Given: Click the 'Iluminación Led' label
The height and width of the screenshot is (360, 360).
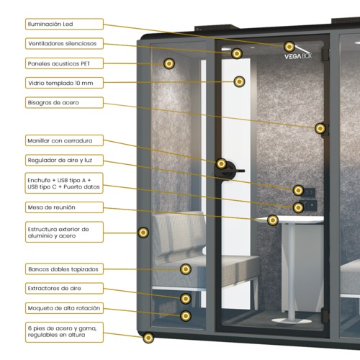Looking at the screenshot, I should click(x=51, y=24).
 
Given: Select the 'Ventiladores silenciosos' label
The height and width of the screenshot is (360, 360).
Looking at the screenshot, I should click(x=66, y=43).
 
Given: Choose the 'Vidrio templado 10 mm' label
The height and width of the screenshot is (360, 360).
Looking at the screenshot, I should click(x=61, y=84).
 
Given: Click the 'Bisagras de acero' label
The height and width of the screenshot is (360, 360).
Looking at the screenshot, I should click(x=53, y=103).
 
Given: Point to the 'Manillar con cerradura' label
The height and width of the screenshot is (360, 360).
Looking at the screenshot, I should click(x=64, y=140).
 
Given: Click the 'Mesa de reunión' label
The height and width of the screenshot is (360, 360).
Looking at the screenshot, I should click(x=51, y=207).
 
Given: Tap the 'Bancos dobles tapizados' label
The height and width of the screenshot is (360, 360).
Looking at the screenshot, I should click(x=63, y=269).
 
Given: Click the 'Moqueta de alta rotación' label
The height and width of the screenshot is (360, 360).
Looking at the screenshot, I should click(x=64, y=308).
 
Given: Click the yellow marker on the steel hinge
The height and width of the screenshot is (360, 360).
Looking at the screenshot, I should click(x=320, y=128).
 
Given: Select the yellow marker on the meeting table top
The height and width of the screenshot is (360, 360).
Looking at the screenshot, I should click(x=272, y=220).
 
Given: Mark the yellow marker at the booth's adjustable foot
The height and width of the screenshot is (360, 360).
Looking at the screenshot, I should click(x=148, y=338).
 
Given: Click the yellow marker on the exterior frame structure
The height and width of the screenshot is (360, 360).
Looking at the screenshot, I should click(x=143, y=232).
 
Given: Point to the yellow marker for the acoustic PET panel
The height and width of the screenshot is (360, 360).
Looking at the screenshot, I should click(x=168, y=64).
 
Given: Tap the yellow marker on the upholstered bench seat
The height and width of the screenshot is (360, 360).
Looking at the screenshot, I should click(x=185, y=269).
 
